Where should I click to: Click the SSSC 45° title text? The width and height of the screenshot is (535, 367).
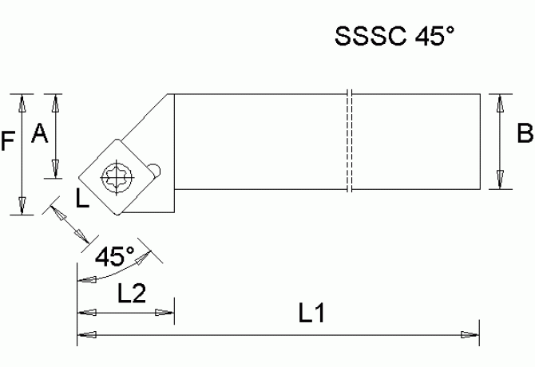point(394,37)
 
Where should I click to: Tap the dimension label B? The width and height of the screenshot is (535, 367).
point(525,134)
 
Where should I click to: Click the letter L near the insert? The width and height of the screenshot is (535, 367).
point(82,198)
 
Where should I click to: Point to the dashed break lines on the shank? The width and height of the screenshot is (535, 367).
point(350,141)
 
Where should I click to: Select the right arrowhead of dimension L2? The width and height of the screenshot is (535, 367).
point(166,313)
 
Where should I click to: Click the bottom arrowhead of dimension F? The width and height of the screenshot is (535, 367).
point(22,205)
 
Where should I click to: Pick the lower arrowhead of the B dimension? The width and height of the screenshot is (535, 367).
point(501,180)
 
